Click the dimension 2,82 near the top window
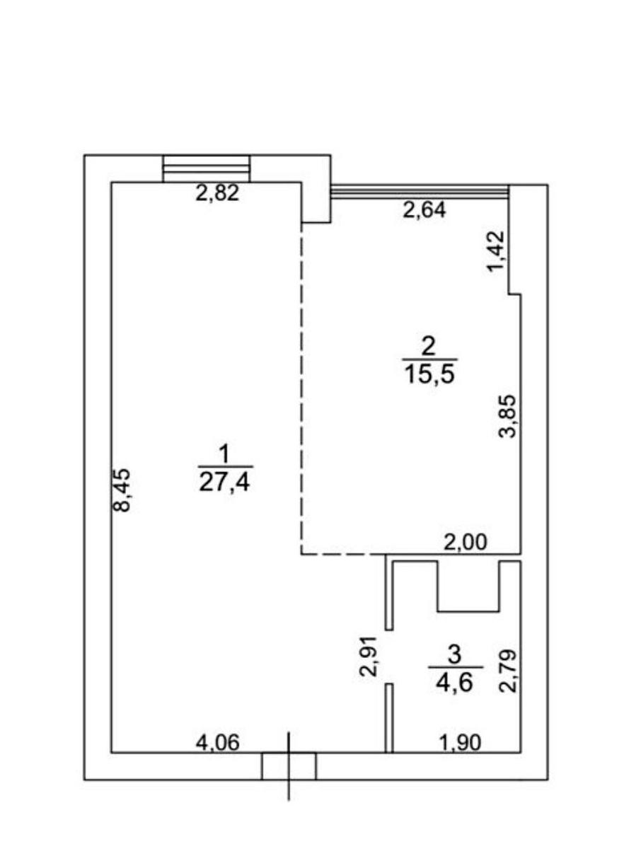217,192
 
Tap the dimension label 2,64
424,210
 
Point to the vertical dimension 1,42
496,251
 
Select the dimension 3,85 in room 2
507,415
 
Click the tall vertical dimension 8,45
124,490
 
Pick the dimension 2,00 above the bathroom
465,542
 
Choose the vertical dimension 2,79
507,670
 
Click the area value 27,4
224,483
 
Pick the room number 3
455,655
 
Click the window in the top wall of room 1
207,168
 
